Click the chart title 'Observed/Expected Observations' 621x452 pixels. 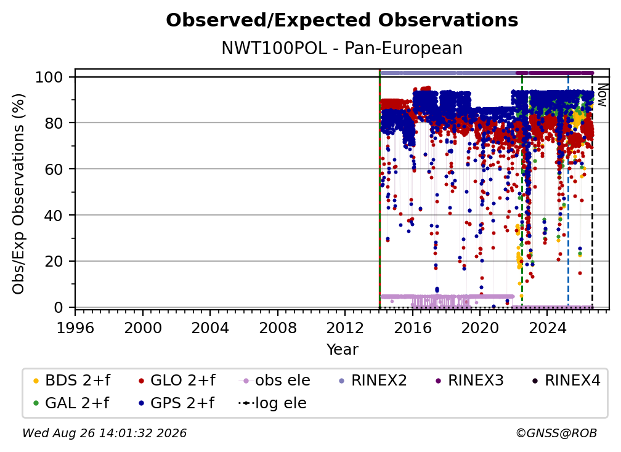pos(342,20)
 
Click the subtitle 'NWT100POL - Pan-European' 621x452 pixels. pos(342,48)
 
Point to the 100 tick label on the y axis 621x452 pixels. pos(49,77)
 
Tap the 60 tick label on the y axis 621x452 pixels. pos(54,169)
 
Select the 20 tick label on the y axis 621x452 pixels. pos(54,261)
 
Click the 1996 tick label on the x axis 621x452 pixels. pos(75,328)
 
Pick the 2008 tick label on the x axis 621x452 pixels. pos(278,328)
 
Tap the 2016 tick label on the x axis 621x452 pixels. pos(413,328)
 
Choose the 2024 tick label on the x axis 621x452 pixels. pos(547,328)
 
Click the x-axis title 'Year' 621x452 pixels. pos(342,350)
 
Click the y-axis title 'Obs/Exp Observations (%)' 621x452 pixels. pos(18,194)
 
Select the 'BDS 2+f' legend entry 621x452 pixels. pos(71,381)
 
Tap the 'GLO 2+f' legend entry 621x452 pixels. pos(177,381)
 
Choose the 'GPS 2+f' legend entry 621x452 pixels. pos(176,403)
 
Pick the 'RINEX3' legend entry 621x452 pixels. pos(469,381)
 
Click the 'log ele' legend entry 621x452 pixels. pos(272,403)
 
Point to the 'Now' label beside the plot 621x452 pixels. pos(602,95)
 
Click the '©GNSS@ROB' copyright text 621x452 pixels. pos(556,433)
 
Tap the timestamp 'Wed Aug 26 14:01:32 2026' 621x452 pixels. pos(105,433)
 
